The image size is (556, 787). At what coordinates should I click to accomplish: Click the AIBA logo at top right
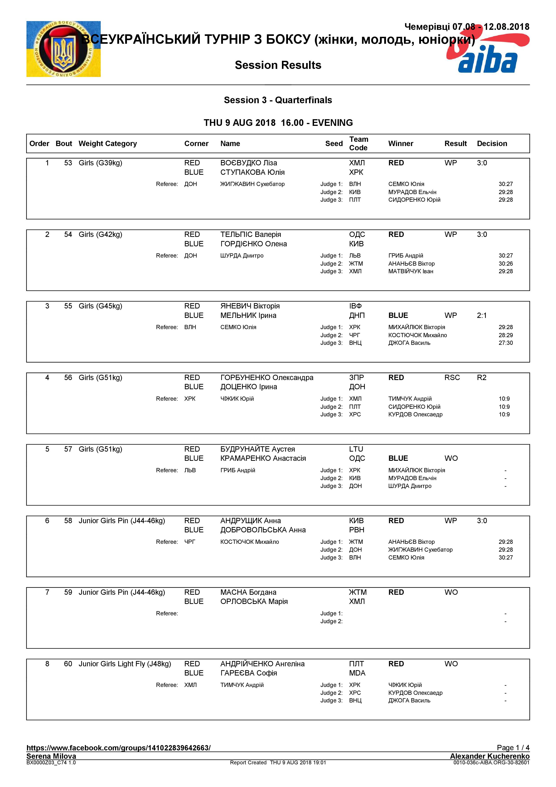click(x=488, y=51)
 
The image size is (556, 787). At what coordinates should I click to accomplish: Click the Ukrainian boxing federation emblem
click(x=63, y=49)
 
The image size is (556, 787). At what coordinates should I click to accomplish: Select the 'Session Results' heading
click(x=278, y=65)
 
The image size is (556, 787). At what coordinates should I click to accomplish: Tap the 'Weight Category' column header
click(x=108, y=144)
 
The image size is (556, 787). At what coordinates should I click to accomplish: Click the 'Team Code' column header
click(x=358, y=144)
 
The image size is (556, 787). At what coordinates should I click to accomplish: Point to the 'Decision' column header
click(x=492, y=144)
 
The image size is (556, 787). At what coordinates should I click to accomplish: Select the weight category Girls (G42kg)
click(x=100, y=234)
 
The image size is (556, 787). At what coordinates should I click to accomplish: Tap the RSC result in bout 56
click(x=452, y=377)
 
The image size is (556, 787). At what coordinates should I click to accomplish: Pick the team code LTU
click(x=356, y=449)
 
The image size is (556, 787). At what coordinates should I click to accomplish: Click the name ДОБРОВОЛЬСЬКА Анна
click(x=263, y=530)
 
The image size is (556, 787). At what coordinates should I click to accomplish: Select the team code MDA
click(x=357, y=673)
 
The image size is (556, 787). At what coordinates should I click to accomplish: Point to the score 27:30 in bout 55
click(x=505, y=343)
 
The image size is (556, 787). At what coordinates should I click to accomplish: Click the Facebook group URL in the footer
click(x=118, y=748)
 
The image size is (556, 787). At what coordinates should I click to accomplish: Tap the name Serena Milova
click(x=51, y=756)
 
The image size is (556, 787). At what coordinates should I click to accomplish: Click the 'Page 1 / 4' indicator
click(x=513, y=748)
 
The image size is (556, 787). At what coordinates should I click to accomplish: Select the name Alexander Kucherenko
click(x=490, y=756)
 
